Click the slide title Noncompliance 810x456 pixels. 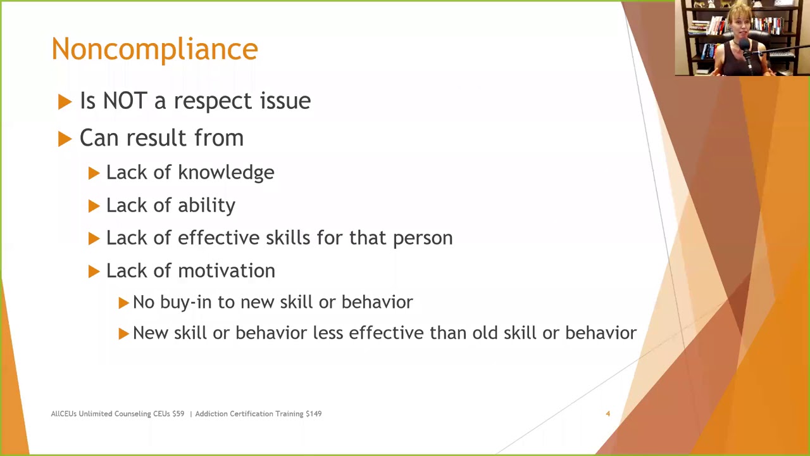pyautogui.click(x=154, y=49)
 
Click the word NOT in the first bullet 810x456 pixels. pyautogui.click(x=125, y=101)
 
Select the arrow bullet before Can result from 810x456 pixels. pyautogui.click(x=65, y=139)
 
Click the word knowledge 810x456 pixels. pyautogui.click(x=226, y=173)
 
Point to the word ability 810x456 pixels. pyautogui.click(x=206, y=206)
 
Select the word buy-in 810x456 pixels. pyautogui.click(x=187, y=302)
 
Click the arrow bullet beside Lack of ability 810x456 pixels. pyautogui.click(x=94, y=206)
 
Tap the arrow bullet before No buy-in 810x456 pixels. pyautogui.click(x=123, y=303)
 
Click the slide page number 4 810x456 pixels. pyautogui.click(x=607, y=414)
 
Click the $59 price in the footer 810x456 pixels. pyautogui.click(x=177, y=414)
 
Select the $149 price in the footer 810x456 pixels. pyautogui.click(x=313, y=414)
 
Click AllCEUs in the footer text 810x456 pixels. pyautogui.click(x=63, y=414)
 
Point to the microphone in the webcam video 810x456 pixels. pyautogui.click(x=745, y=51)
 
